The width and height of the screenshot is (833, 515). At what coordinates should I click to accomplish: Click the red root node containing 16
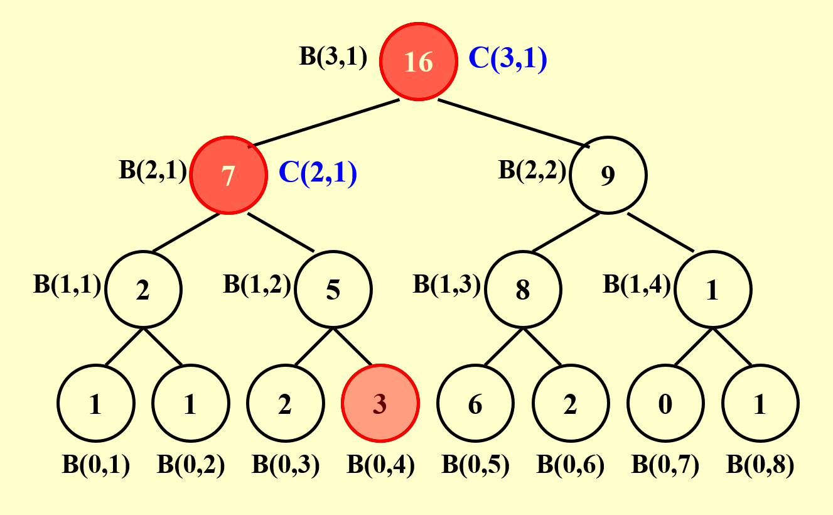[418, 62]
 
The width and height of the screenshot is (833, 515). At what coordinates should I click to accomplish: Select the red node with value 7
[228, 176]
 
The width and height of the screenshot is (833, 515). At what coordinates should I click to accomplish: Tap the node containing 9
[607, 176]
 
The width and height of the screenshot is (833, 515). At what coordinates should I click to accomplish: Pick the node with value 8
[522, 290]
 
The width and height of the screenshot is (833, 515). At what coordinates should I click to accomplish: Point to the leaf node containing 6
[475, 404]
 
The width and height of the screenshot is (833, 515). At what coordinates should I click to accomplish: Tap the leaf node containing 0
[665, 404]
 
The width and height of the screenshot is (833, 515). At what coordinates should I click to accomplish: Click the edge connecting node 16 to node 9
[513, 123]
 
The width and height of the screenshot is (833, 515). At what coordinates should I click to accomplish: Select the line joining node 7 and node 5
[281, 232]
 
